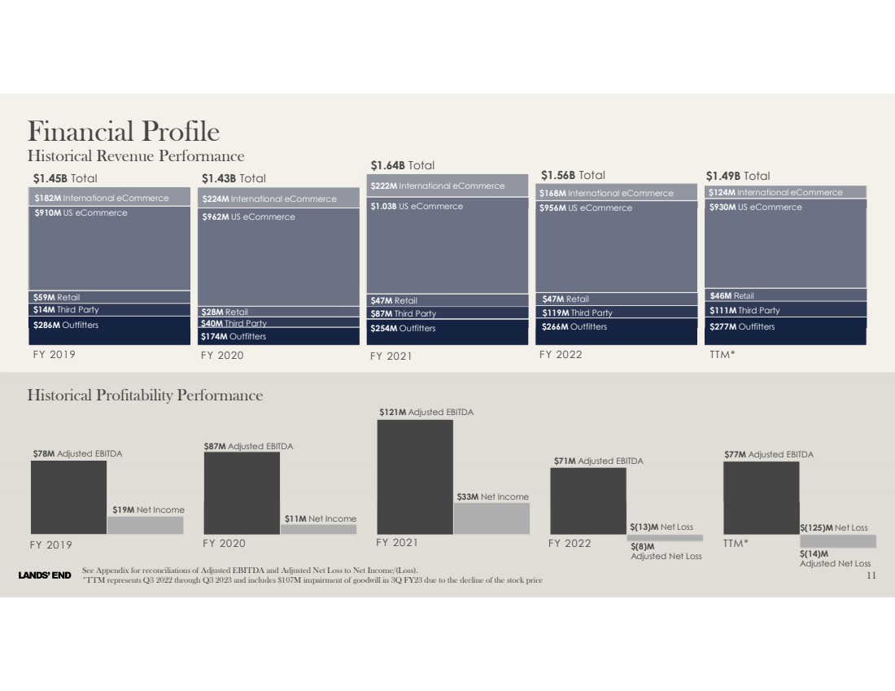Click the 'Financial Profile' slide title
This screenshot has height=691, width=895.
124,131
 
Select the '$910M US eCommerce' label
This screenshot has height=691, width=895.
81,213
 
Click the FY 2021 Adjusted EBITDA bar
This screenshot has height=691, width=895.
415,476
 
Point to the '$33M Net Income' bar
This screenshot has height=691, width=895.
491,518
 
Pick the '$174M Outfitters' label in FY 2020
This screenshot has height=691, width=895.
234,336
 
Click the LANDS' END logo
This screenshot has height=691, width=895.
45,576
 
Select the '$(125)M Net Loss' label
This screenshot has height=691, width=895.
834,528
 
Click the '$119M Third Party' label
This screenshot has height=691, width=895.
578,313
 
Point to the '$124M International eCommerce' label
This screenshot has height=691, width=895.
775,192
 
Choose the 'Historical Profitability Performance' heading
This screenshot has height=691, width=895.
145,396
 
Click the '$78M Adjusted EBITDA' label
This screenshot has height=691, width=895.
77,453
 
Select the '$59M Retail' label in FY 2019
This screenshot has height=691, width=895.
57,297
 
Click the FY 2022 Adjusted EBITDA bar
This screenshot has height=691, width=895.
588,501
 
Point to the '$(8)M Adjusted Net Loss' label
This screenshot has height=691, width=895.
666,552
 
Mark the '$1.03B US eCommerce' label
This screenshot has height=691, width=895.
417,206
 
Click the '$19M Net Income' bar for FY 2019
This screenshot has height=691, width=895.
145,525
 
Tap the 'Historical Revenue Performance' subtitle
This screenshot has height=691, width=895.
136,155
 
